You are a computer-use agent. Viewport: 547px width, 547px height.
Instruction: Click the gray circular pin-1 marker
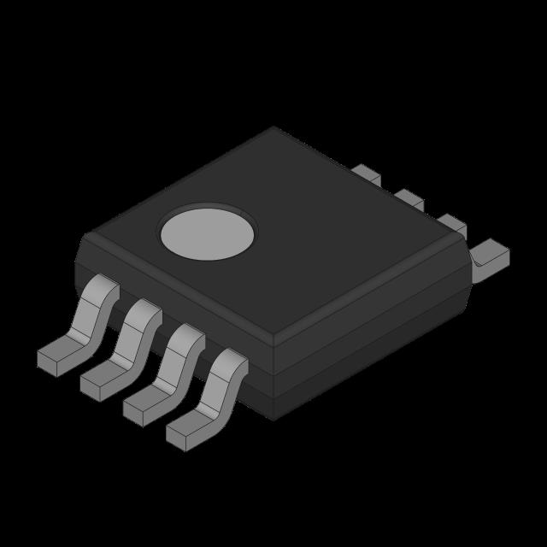[208, 232]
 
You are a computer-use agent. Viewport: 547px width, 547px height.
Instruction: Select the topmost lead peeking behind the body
[366, 173]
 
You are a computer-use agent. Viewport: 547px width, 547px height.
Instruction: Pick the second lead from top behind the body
[409, 198]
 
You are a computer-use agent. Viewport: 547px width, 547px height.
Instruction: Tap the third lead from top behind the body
[450, 225]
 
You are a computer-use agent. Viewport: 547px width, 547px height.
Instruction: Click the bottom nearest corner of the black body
[273, 419]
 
